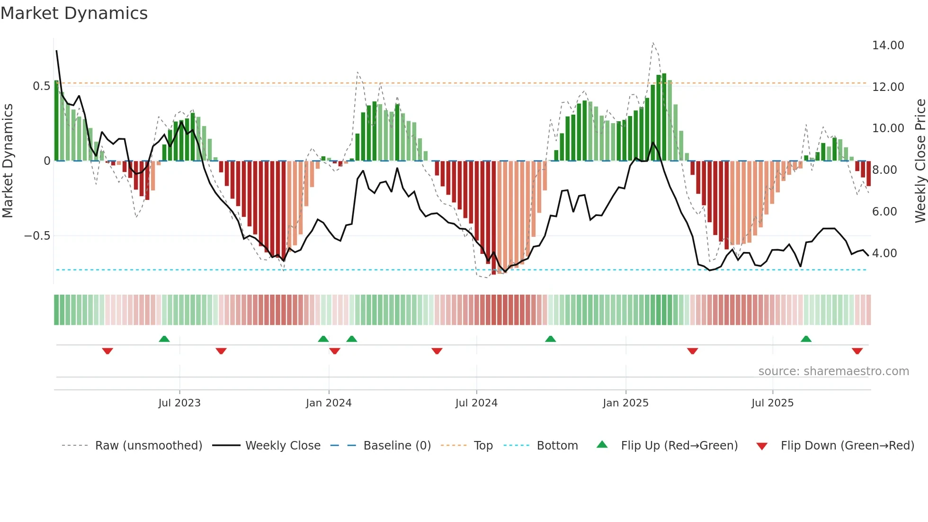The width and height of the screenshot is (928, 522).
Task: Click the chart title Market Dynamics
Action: (x=74, y=13)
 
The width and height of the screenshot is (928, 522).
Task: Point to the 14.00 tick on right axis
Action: (x=888, y=45)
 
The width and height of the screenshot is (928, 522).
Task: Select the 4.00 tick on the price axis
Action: (x=884, y=253)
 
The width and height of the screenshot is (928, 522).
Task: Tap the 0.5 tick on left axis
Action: (x=41, y=86)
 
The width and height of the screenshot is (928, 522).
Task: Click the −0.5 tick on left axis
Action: (x=37, y=236)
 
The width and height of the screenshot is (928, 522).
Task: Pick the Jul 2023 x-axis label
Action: (x=179, y=403)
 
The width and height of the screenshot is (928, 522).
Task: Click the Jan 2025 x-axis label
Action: (x=625, y=403)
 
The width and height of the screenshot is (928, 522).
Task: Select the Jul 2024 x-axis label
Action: (x=476, y=403)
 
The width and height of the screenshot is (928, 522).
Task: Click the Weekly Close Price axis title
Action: (x=920, y=161)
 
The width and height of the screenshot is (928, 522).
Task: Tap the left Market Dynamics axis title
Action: (x=8, y=161)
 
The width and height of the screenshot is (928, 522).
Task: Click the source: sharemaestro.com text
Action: (x=833, y=371)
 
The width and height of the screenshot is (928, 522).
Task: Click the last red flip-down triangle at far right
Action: (x=857, y=351)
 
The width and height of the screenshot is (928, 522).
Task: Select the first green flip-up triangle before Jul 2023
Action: (x=164, y=339)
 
